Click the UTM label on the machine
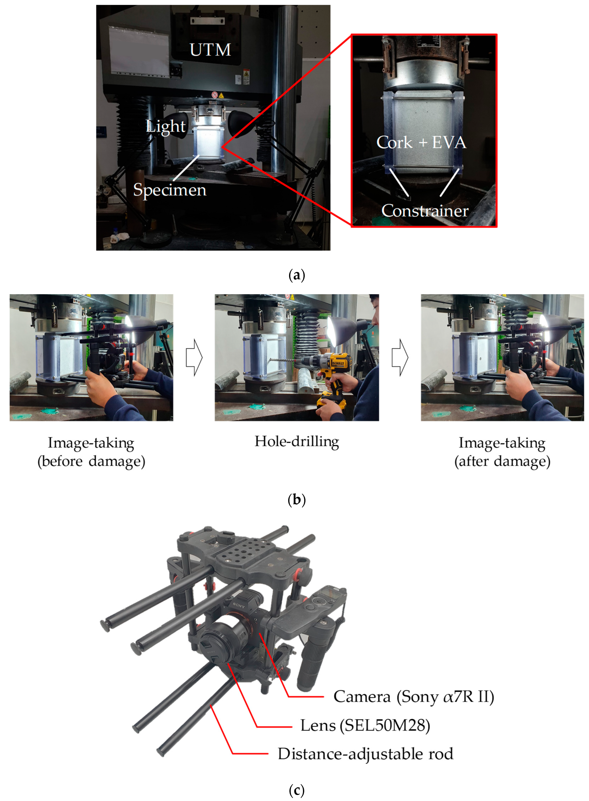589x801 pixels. (x=210, y=50)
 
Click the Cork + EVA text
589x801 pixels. (x=421, y=142)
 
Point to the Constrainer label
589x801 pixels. (x=425, y=211)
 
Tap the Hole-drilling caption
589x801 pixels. (x=297, y=442)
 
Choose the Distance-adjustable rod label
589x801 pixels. (x=365, y=754)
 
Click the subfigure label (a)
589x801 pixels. (x=296, y=275)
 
